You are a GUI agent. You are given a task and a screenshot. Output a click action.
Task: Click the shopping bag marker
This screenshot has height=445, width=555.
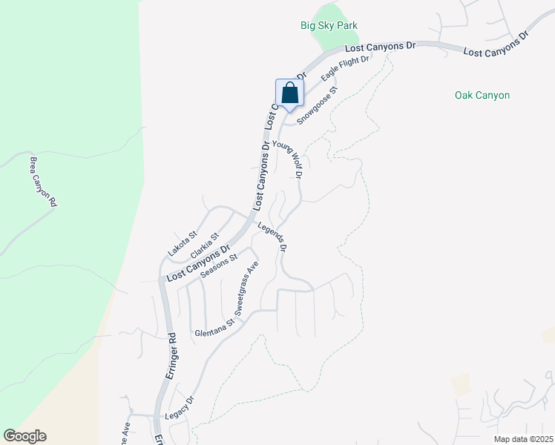point(289,94)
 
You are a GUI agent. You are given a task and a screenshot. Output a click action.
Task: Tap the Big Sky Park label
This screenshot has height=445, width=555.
point(329,25)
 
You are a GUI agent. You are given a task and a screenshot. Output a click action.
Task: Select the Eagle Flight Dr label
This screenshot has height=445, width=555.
point(345,67)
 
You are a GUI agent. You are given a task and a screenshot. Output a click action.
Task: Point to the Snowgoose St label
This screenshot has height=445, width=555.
point(318,105)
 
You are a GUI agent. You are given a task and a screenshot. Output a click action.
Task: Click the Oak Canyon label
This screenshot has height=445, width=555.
point(482,95)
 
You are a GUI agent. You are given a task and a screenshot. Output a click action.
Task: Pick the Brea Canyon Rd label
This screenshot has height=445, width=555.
point(44,181)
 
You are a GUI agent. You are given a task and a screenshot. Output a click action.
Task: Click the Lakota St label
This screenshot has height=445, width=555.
point(182,243)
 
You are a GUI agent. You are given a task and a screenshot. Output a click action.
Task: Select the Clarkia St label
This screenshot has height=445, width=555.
point(205,247)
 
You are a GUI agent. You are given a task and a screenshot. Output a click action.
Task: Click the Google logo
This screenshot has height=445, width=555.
point(24,436)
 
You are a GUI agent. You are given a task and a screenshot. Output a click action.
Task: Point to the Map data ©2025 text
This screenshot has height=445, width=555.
point(523,439)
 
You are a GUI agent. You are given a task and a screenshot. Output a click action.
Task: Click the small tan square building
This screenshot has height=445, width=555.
point(461,384)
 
